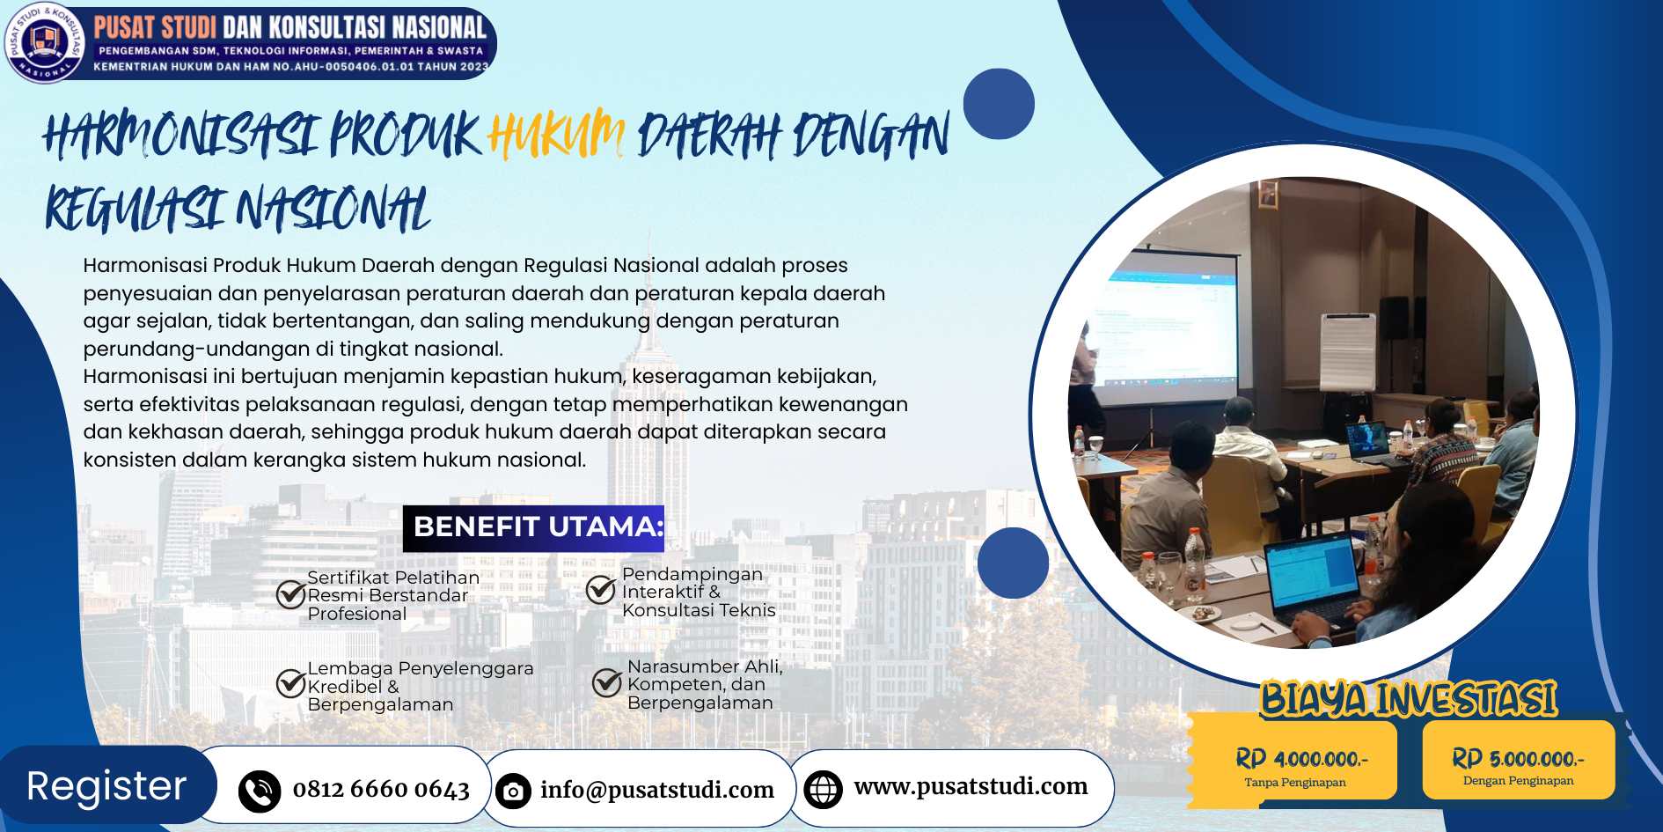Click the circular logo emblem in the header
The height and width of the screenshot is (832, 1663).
coord(44,42)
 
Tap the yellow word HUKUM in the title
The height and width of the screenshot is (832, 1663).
coord(556,134)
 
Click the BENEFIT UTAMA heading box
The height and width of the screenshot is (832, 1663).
coord(533,528)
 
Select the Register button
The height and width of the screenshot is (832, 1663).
coord(107,785)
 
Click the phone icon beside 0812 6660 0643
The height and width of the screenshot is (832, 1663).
coord(260,791)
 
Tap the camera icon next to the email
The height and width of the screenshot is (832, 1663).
coord(513,792)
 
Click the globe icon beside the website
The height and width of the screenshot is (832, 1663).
coord(824,789)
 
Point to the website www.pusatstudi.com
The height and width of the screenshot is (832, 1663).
coord(971,786)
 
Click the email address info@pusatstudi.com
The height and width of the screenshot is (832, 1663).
coord(657,790)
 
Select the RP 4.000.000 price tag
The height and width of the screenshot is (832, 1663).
coord(1293,762)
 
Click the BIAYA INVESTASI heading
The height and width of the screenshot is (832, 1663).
coord(1409,699)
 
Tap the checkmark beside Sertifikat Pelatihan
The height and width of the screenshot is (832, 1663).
coord(291,594)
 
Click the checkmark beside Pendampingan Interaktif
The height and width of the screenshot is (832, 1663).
coord(601,589)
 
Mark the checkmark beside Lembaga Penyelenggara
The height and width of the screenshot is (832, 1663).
coord(291,682)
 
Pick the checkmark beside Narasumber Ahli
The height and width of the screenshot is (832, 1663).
coord(607,681)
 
